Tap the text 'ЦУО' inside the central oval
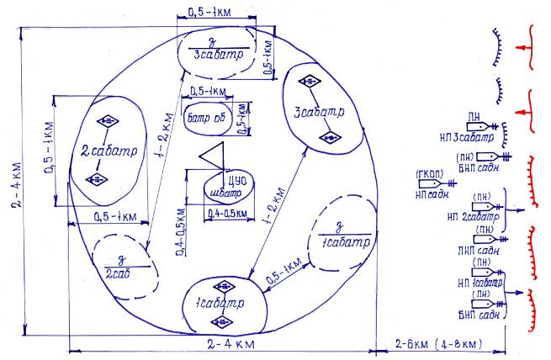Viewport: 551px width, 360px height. click(225, 181)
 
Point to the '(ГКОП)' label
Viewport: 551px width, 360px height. click(429, 175)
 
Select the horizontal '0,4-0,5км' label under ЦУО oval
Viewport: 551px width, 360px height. click(227, 213)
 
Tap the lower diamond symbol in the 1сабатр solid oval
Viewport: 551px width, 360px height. click(223, 321)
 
